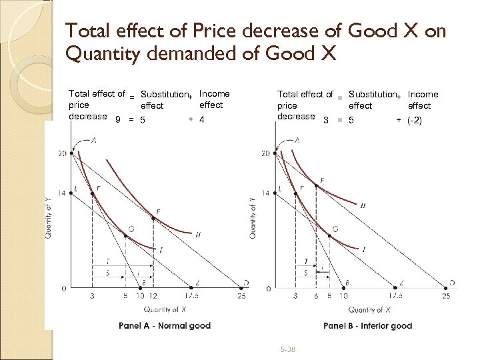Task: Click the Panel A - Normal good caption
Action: point(164,326)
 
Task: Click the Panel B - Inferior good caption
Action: point(367,326)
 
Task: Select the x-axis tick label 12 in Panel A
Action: point(153,296)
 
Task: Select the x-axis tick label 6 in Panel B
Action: point(316,296)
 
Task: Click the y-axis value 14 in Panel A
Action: point(62,193)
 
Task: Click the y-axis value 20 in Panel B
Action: point(265,154)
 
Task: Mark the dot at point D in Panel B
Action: point(445,288)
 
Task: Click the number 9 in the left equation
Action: point(118,120)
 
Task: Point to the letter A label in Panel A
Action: point(93,140)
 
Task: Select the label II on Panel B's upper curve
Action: point(362,205)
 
